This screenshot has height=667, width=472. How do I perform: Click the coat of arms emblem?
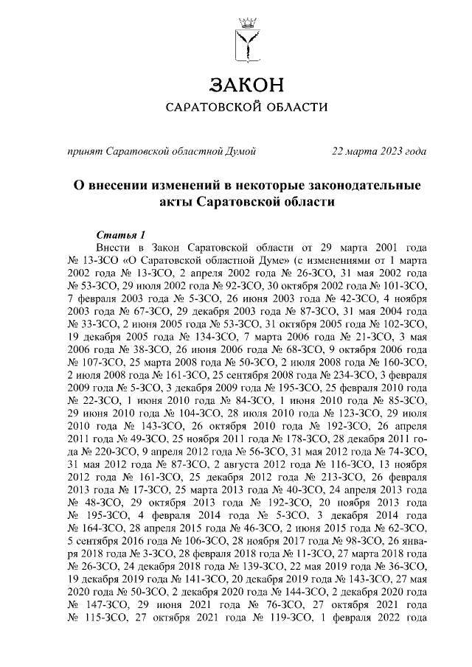coord(245,38)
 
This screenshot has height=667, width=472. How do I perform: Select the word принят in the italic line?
coord(85,152)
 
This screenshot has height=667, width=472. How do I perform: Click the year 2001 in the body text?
coord(388,246)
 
